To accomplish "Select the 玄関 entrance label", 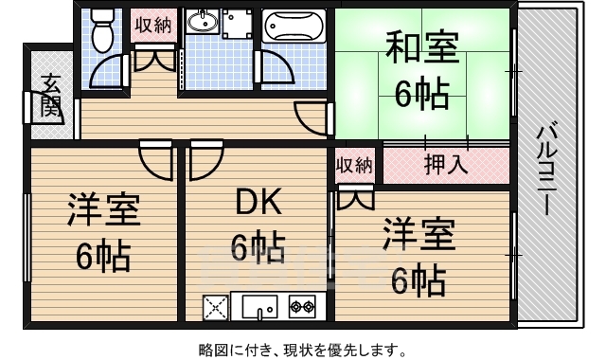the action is pyautogui.click(x=51, y=98).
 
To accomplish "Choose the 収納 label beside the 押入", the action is pyautogui.click(x=354, y=166).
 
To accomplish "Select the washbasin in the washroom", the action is pyautogui.click(x=201, y=21).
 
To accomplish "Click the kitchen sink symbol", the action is pyautogui.click(x=258, y=306).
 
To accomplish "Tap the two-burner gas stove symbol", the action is pyautogui.click(x=302, y=306).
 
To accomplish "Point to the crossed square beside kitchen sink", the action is pyautogui.click(x=216, y=306).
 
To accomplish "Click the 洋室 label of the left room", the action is pyautogui.click(x=104, y=210).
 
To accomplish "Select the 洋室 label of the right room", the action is pyautogui.click(x=419, y=232).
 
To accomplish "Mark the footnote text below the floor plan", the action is pyautogui.click(x=303, y=350).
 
